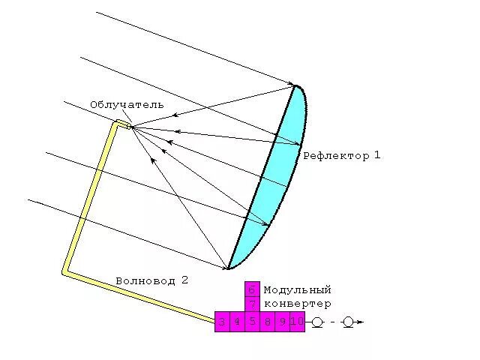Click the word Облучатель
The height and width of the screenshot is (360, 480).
pyautogui.click(x=126, y=105)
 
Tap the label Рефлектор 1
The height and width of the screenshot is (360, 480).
pyautogui.click(x=342, y=156)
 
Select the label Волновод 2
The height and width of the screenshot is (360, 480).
pyautogui.click(x=151, y=280)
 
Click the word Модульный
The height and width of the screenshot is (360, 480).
pyautogui.click(x=297, y=289)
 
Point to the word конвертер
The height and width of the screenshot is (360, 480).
pyautogui.click(x=297, y=304)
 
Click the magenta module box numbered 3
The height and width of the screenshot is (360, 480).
pyautogui.click(x=222, y=322)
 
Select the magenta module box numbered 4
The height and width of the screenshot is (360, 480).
pyautogui.click(x=237, y=322)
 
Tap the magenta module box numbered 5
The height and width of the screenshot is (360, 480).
pyautogui.click(x=252, y=322)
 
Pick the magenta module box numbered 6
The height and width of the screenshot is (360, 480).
pyautogui.click(x=252, y=289)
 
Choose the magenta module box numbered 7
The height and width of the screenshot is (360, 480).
pyautogui.click(x=252, y=304)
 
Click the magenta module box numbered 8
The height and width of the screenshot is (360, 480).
pyautogui.click(x=267, y=322)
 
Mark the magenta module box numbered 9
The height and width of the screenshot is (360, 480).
pyautogui.click(x=282, y=322)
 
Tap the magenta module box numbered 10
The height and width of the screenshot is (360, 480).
pyautogui.click(x=297, y=322)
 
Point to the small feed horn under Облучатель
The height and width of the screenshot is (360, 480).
pyautogui.click(x=129, y=127)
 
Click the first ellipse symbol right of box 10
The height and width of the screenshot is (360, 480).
pyautogui.click(x=317, y=322)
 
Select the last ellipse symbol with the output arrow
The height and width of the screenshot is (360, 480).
pyautogui.click(x=348, y=322)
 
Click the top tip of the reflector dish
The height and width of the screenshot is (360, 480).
pyautogui.click(x=298, y=86)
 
